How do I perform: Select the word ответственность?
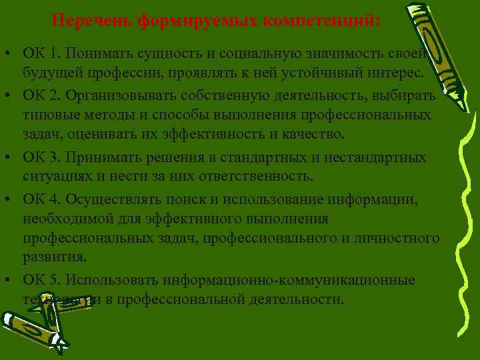point(257,177)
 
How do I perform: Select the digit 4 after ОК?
point(54,200)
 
